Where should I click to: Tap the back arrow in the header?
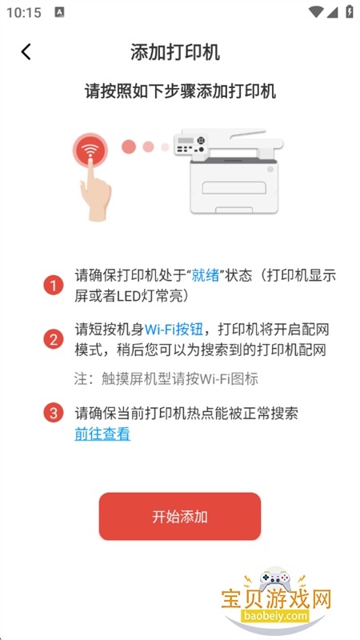coord(26,52)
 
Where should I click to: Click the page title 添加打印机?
coord(175,53)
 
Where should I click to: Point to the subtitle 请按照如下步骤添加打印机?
coord(180,91)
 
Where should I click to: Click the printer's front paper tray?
coord(234,188)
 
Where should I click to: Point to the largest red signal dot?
coord(129,146)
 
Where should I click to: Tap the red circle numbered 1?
coord(54,285)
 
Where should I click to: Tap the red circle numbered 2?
coord(54,339)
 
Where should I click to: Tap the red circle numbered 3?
coord(54,413)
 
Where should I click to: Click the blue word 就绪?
coord(206,275)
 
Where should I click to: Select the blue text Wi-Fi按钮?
coord(174,330)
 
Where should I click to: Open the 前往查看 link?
coord(102,434)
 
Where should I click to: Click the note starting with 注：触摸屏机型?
coord(166,379)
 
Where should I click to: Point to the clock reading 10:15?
coord(24,13)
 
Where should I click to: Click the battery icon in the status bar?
coord(350,11)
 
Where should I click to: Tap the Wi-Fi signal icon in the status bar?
coord(316,12)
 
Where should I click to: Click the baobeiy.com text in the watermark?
coord(276,614)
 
